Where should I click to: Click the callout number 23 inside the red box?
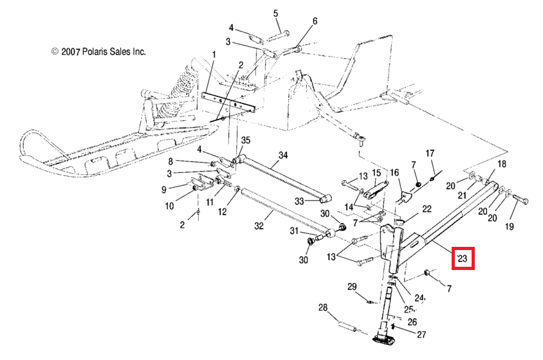pyautogui.click(x=462, y=259)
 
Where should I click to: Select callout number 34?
pyautogui.click(x=282, y=155)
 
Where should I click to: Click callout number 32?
pyautogui.click(x=259, y=226)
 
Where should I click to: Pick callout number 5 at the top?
pyautogui.click(x=276, y=14)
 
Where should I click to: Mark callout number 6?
pyautogui.click(x=315, y=21)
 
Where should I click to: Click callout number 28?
pyautogui.click(x=323, y=308)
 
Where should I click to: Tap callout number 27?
pyautogui.click(x=421, y=334)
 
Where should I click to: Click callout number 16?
pyautogui.click(x=394, y=172)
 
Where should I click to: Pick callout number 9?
pyautogui.click(x=163, y=189)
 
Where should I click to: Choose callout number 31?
pyautogui.click(x=293, y=231)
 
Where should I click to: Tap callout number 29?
pyautogui.click(x=352, y=286)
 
